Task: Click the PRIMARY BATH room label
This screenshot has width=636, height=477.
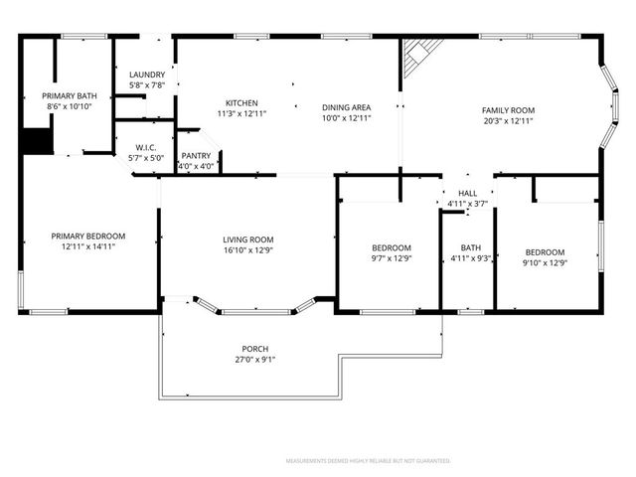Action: [69, 95]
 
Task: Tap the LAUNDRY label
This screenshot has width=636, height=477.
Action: [147, 75]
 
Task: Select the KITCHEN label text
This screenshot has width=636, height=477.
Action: [241, 103]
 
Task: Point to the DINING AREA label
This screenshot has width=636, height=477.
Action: [346, 107]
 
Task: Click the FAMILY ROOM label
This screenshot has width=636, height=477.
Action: [508, 110]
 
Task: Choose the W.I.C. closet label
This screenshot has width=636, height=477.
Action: [145, 147]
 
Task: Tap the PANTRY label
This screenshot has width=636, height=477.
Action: [196, 156]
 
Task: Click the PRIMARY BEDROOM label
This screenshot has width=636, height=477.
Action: [88, 237]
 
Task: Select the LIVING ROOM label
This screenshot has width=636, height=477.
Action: [247, 239]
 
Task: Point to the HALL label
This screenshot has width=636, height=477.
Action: [467, 194]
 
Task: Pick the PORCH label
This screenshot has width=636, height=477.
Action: [255, 349]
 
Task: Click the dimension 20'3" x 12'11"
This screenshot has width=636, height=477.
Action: [508, 122]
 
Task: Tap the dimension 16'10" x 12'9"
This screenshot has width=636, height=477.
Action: [247, 250]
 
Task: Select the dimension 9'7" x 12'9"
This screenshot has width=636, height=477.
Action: [390, 258]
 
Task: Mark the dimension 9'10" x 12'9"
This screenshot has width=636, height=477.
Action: [545, 263]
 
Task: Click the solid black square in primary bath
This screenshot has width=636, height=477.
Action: [37, 141]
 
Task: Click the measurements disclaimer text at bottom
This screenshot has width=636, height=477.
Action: [368, 461]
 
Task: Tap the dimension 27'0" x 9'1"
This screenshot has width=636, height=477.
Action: [255, 360]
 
